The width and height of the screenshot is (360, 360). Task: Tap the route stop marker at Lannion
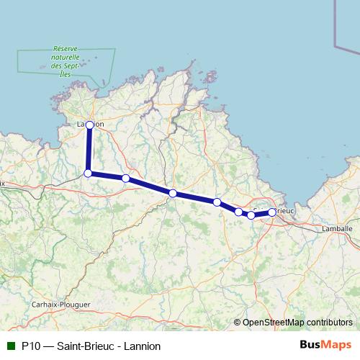[x=89, y=125]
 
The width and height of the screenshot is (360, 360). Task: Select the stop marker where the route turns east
[x=88, y=174]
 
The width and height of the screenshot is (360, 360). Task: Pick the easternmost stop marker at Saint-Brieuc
[x=271, y=212]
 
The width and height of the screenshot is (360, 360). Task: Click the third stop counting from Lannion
[x=125, y=178]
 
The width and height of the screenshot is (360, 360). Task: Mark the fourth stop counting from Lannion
[x=173, y=192]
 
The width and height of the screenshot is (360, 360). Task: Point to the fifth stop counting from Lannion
[x=217, y=202]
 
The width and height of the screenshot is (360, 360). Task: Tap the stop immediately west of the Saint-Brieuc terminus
[x=251, y=215]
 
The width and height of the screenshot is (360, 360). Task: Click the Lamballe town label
[x=336, y=228]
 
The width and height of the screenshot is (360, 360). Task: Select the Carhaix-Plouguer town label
[x=61, y=305]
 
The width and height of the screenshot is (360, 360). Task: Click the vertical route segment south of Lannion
[x=89, y=150]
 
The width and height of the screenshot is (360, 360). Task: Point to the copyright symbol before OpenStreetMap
[x=238, y=323]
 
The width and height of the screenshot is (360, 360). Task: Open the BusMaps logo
[x=325, y=345]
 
